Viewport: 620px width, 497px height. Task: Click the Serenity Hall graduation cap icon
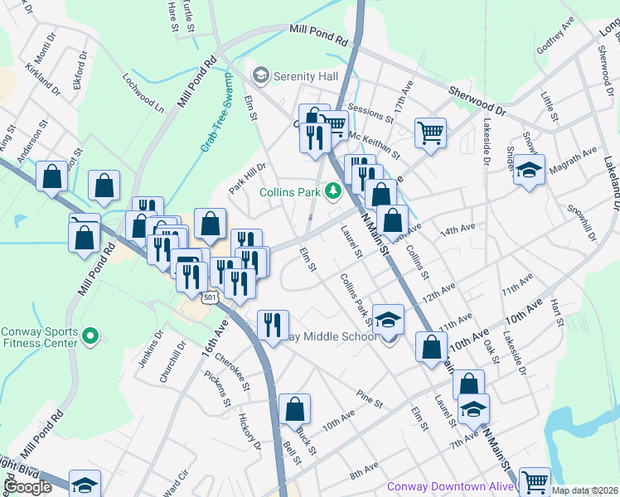tap(262, 76)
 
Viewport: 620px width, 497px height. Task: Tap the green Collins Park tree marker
tap(333, 191)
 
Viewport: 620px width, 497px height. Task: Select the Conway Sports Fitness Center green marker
tap(91, 337)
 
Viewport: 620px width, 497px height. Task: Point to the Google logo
tap(27, 486)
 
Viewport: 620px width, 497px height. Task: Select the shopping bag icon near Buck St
tap(294, 409)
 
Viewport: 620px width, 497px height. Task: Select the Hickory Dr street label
tap(249, 432)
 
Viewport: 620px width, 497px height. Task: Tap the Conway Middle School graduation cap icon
tap(387, 320)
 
